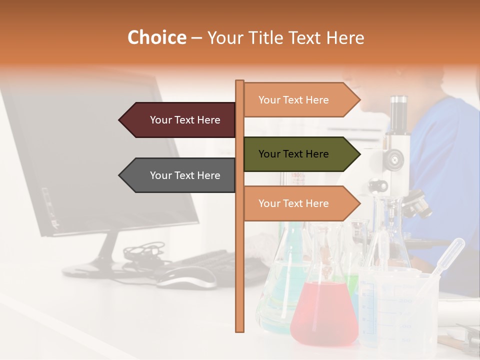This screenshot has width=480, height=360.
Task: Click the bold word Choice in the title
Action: click(x=156, y=37)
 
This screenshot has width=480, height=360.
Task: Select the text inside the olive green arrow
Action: click(x=293, y=154)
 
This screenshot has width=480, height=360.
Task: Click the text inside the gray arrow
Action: click(x=185, y=175)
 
